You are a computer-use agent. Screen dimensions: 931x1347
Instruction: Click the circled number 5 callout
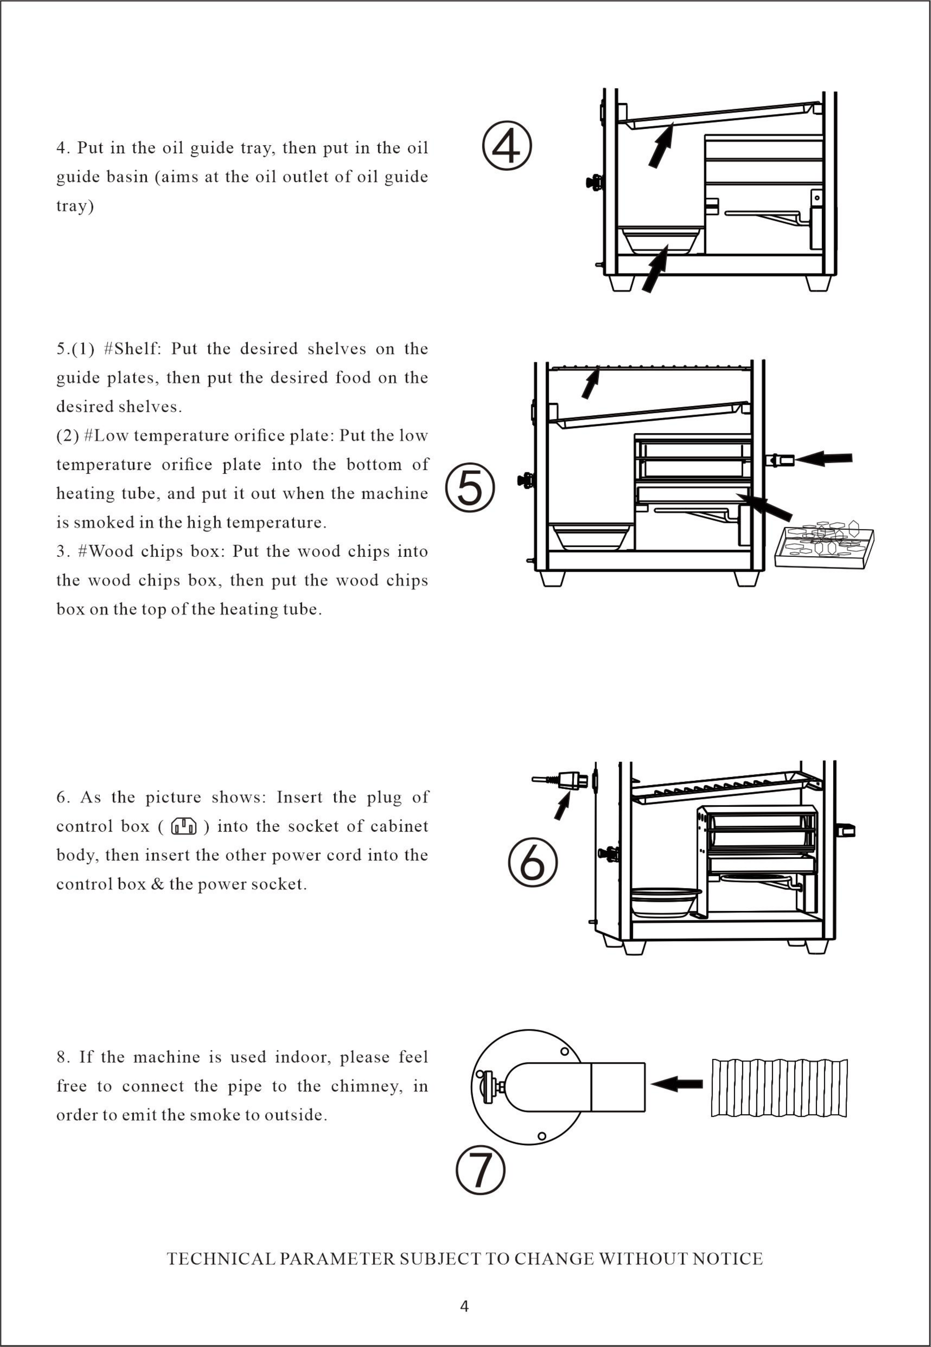point(470,488)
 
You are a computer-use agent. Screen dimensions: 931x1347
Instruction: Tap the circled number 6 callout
point(533,862)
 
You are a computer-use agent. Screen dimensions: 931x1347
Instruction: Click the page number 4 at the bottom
point(464,1306)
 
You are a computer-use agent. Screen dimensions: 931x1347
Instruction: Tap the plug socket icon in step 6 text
point(184,826)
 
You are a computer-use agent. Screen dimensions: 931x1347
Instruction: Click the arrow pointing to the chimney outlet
point(677,1084)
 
